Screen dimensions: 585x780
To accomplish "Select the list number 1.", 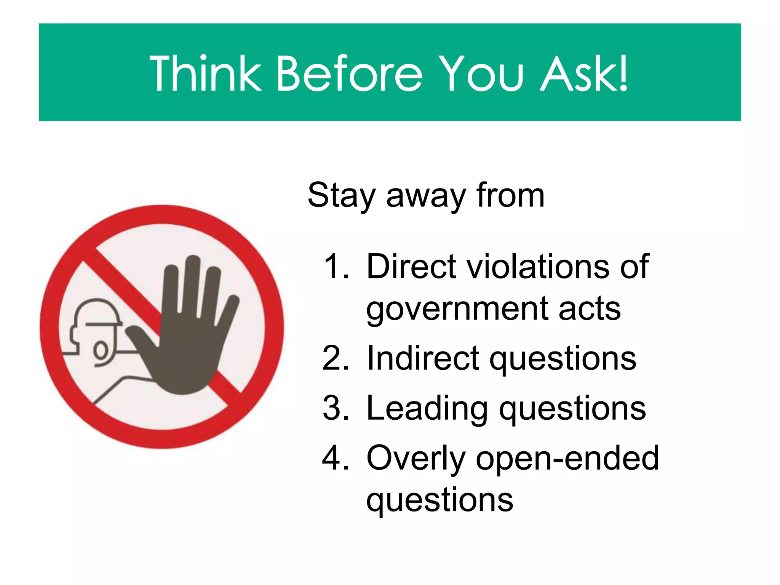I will pyautogui.click(x=335, y=267).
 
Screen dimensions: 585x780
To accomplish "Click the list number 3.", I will pyautogui.click(x=335, y=408).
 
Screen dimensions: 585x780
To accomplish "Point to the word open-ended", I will pyautogui.click(x=567, y=459).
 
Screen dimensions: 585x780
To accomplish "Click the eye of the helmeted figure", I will pyautogui.click(x=101, y=350).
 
